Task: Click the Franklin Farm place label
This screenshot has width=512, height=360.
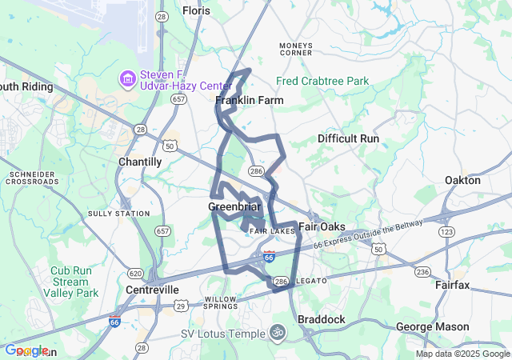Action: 250,100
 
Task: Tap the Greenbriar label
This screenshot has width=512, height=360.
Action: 234,207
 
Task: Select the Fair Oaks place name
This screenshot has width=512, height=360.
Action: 322,226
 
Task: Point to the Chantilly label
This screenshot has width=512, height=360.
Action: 140,162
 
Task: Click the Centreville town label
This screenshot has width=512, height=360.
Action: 151,289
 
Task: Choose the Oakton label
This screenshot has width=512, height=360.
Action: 462,180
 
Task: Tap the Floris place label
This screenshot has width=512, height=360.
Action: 196,10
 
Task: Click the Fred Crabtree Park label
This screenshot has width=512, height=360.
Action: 322,81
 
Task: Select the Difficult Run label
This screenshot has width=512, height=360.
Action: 348,138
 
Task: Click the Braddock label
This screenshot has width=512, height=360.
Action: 322,319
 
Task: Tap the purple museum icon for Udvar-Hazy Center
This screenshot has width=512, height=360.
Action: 127,78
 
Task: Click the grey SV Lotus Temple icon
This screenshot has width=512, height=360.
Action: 278,331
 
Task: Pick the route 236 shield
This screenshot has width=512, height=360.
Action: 422,272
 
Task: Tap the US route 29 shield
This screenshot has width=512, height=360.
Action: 182,305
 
